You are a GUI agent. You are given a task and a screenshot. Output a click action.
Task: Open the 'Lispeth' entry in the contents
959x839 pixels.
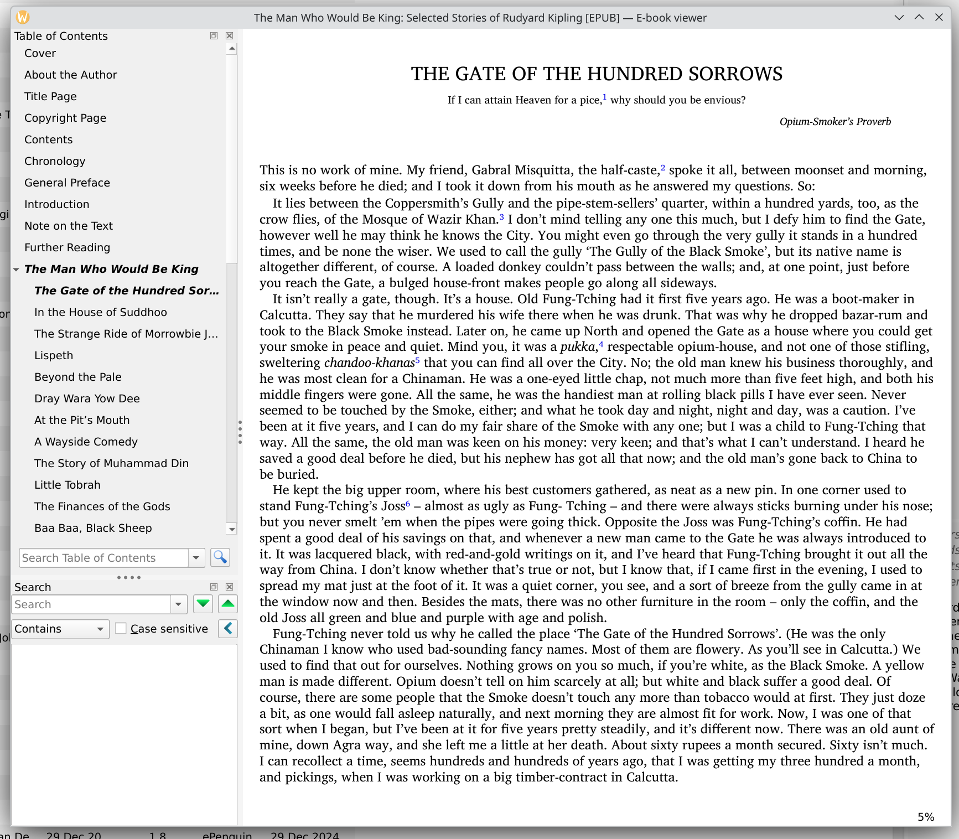pos(54,355)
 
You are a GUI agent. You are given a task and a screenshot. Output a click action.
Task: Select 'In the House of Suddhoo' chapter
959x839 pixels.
pos(100,312)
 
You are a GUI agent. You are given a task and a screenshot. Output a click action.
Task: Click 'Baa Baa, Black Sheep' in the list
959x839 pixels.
pos(93,528)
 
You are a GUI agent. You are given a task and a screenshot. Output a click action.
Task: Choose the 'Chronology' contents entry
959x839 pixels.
pos(55,161)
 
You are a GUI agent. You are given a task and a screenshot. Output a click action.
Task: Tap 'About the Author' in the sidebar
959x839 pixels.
pos(70,75)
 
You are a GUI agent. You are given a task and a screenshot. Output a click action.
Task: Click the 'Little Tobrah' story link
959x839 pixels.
pos(67,485)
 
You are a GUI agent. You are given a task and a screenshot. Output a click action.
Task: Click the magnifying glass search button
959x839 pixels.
pos(220,557)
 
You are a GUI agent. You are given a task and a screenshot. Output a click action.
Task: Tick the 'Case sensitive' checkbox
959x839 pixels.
pos(121,629)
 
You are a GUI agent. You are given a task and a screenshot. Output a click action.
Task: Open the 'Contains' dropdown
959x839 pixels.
pos(60,629)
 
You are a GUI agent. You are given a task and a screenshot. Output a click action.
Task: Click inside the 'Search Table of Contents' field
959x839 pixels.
pos(103,558)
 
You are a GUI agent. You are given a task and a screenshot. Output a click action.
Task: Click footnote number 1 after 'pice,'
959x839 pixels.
pos(604,97)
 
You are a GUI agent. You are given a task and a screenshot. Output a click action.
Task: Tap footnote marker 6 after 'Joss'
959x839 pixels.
pos(408,503)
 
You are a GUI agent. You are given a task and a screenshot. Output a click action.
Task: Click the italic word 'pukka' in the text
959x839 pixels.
pos(577,347)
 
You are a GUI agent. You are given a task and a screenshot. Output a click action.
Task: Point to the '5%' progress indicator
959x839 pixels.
pos(925,817)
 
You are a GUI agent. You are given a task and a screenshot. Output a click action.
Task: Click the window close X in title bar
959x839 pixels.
pos(939,17)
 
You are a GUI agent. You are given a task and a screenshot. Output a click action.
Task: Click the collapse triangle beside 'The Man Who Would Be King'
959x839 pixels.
pos(17,270)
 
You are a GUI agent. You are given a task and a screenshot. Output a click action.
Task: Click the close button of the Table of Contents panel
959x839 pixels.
pos(230,36)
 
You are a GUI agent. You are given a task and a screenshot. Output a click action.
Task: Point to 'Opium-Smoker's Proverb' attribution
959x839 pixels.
pos(835,122)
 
